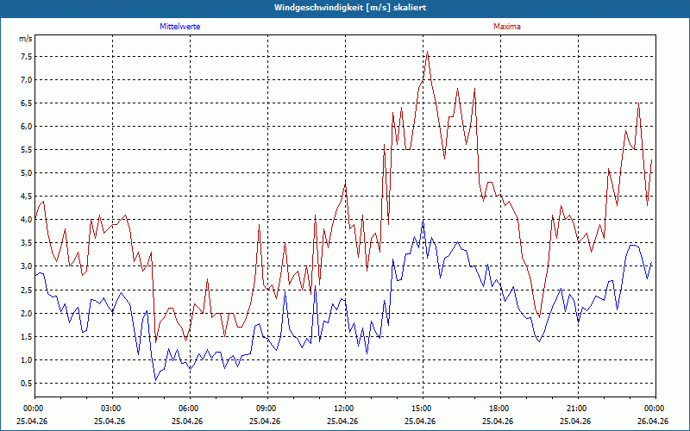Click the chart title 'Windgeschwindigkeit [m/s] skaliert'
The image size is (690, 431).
point(350,8)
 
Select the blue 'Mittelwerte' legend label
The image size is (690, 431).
point(180,27)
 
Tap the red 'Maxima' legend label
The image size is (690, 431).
point(507,27)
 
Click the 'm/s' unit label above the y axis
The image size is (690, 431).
point(26,39)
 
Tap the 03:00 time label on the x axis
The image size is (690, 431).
point(113,409)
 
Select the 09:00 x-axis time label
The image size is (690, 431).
point(268,409)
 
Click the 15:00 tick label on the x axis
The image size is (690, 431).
point(423,409)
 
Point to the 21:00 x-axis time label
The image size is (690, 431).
point(578,409)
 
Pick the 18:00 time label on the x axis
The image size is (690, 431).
point(501,409)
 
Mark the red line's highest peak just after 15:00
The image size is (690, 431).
point(427,52)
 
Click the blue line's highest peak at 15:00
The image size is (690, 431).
point(423,222)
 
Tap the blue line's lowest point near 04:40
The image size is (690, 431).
point(155,379)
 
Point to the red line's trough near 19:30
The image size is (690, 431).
point(539,317)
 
